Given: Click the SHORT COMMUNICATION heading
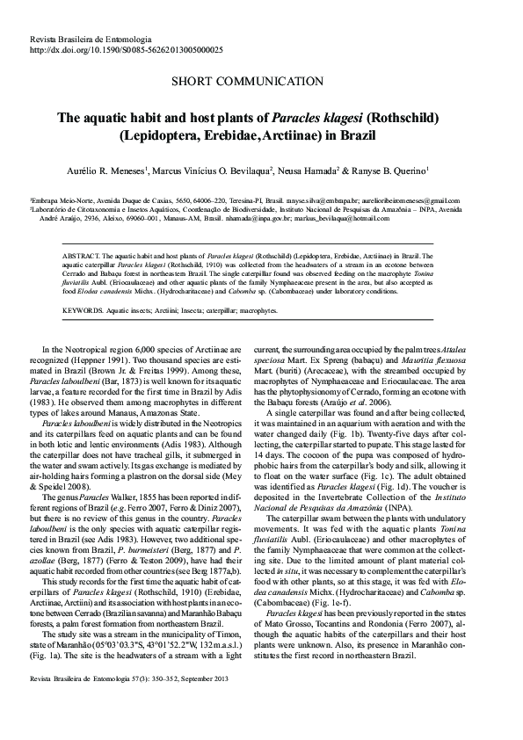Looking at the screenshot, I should click(261, 83).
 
